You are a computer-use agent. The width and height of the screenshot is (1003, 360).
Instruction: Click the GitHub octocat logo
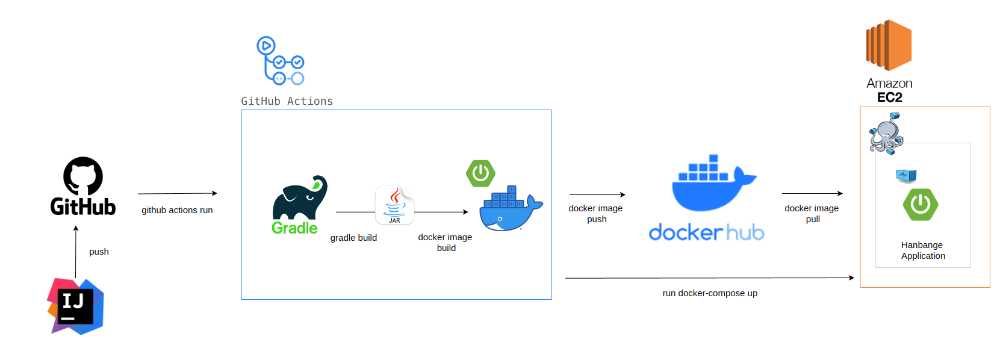[x=83, y=176]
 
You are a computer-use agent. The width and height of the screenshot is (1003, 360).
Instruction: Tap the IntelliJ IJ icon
[x=76, y=306]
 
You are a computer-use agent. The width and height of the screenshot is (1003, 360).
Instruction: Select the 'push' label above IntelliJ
[x=99, y=252]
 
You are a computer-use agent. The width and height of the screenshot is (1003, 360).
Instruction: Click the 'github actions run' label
[x=177, y=210]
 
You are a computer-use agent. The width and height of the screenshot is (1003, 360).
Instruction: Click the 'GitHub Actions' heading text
[x=287, y=101]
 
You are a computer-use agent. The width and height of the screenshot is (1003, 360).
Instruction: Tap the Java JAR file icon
[x=394, y=205]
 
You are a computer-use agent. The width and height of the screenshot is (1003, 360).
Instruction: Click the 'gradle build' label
[x=353, y=238]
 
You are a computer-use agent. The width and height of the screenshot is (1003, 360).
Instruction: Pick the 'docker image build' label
[x=446, y=242]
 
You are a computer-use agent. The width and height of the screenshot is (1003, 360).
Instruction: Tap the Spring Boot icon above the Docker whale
[x=480, y=173]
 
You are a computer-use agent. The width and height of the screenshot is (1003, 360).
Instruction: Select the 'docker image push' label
[x=596, y=214]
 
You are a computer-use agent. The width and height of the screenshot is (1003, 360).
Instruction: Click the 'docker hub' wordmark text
[x=706, y=232]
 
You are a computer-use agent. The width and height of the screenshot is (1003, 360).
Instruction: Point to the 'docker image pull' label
[x=812, y=214]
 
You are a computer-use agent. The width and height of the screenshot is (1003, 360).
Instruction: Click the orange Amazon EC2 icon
[x=889, y=45]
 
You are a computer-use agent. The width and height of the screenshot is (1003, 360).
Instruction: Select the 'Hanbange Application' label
[x=923, y=250]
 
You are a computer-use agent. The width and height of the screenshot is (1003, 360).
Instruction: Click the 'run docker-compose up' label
[x=710, y=293]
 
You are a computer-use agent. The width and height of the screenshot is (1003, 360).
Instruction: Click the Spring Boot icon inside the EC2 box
[x=921, y=205]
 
